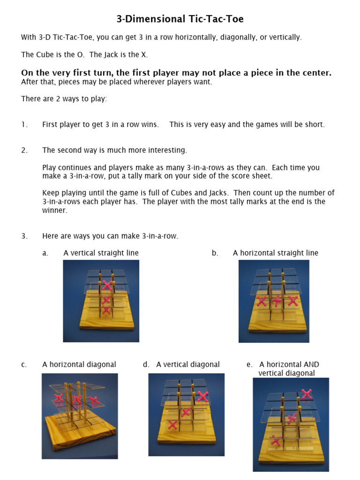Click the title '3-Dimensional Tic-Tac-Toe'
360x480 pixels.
click(x=180, y=19)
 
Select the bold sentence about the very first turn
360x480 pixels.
click(x=176, y=73)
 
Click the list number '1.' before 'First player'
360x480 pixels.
click(x=24, y=125)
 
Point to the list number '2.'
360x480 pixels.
click(x=24, y=150)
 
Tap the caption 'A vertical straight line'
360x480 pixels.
click(x=101, y=253)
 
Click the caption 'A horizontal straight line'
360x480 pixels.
click(x=275, y=253)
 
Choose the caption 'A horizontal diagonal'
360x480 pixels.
click(x=79, y=365)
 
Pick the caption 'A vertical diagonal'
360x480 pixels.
click(x=187, y=365)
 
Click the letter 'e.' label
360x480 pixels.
click(x=249, y=365)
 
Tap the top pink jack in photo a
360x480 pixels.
click(x=107, y=285)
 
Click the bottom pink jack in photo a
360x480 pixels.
click(x=106, y=310)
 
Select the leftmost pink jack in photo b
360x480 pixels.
click(x=262, y=301)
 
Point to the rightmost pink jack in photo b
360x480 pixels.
click(x=293, y=301)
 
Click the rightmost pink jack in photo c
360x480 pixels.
click(x=94, y=400)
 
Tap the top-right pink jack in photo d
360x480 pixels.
click(x=202, y=397)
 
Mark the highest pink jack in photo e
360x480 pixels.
click(x=307, y=394)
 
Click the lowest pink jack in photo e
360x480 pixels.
click(x=276, y=441)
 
